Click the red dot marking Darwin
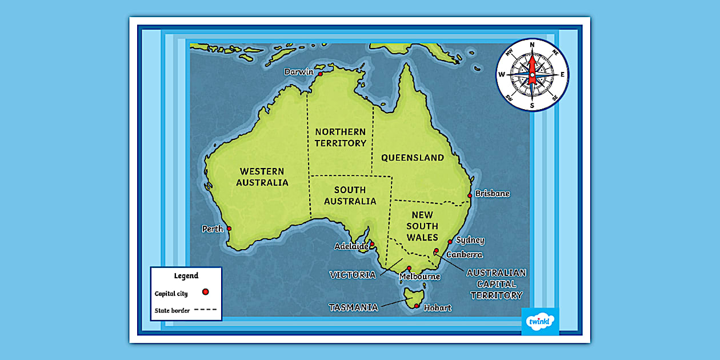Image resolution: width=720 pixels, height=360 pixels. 321,74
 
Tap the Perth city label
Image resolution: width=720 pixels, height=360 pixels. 213,229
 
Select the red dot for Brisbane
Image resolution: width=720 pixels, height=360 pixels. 470,195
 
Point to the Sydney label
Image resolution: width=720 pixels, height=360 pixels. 470,240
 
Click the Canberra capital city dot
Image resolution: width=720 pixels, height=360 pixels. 436,250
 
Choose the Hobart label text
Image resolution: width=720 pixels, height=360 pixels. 438,308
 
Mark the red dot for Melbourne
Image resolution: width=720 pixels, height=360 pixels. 409,268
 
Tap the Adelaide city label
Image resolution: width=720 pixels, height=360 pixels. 351,246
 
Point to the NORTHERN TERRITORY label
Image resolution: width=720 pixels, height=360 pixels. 341,138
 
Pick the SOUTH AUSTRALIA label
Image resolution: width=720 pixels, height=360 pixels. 350,195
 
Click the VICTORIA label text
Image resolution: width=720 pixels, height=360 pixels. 353,275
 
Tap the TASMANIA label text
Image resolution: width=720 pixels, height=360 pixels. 353,307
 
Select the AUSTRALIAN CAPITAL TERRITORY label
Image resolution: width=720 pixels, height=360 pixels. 497,284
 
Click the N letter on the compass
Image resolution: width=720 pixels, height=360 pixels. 532,45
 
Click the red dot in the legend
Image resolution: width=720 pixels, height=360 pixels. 205,292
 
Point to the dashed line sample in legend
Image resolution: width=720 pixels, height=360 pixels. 206,310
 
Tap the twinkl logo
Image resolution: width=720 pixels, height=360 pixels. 540,322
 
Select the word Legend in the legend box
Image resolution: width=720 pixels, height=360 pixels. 186,275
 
